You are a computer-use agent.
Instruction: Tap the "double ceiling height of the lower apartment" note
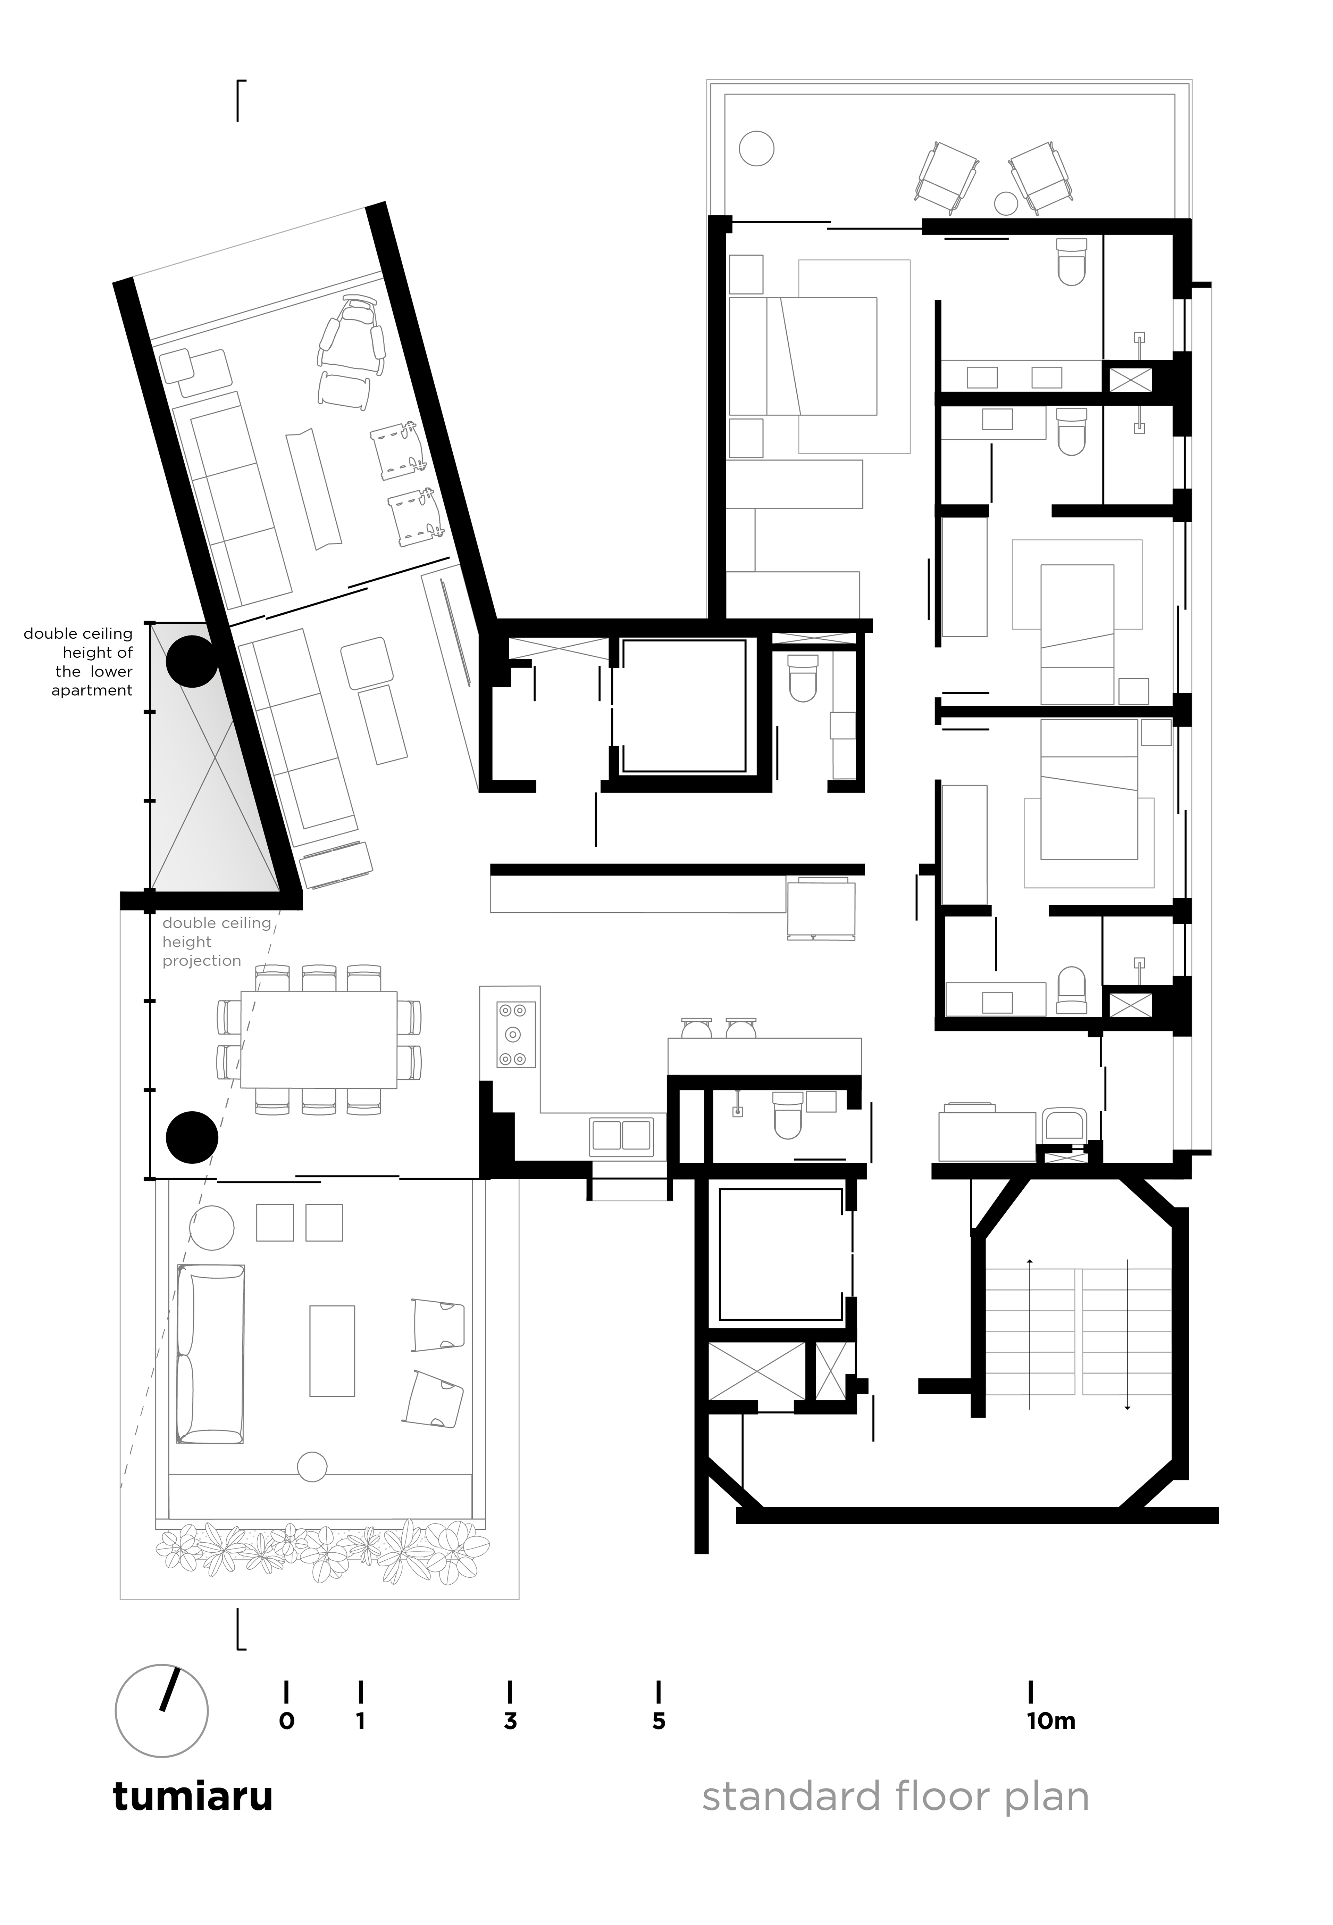click(78, 662)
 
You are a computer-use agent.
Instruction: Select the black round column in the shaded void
click(192, 661)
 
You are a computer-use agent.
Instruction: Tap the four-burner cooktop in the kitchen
click(515, 1034)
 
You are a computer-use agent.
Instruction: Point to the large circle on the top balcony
click(757, 150)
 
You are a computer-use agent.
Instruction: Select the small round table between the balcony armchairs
click(1006, 202)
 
